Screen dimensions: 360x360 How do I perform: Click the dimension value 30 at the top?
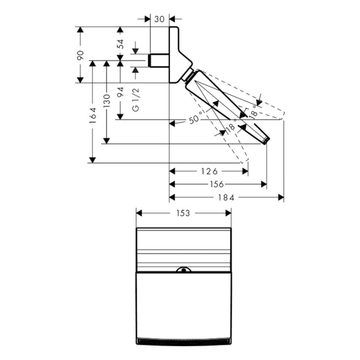[160, 19]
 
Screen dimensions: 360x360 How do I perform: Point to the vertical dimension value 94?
[120, 93]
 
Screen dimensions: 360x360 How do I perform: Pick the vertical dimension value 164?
[93, 115]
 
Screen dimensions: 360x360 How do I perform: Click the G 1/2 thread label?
[136, 102]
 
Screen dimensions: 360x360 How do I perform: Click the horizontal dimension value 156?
[217, 184]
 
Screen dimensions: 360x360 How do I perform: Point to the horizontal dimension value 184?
[226, 197]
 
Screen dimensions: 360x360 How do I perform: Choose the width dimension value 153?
[183, 213]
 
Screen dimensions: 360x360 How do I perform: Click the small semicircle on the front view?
[184, 270]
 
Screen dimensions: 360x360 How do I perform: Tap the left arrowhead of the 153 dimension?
[139, 213]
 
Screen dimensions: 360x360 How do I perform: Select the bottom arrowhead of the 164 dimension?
[93, 160]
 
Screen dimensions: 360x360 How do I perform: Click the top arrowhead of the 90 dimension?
[80, 30]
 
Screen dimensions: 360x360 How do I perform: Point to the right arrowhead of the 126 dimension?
[245, 171]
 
